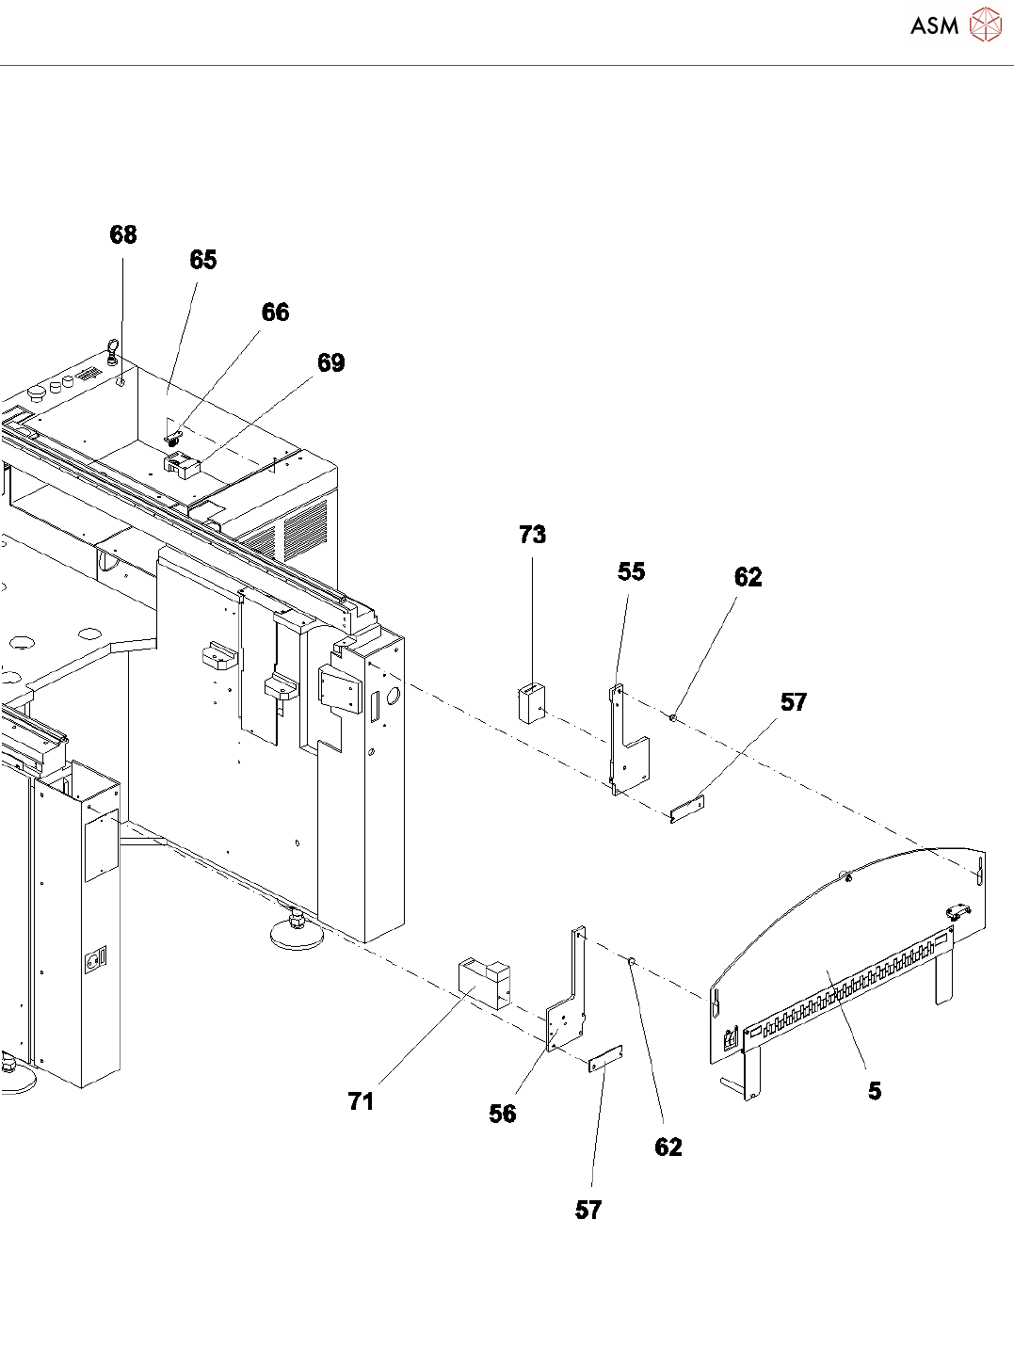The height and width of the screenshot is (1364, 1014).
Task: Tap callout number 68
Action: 123,234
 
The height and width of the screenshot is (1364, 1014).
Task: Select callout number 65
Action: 203,260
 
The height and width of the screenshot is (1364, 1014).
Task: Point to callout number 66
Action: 275,313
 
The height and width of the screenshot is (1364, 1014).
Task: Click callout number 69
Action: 330,363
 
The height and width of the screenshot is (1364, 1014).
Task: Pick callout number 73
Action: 532,535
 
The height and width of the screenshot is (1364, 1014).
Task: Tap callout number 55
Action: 631,572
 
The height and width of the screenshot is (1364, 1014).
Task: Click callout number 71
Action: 361,1101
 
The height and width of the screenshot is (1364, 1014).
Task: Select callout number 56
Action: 502,1115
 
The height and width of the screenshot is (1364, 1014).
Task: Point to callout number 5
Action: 875,1091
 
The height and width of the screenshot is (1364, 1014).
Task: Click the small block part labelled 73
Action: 532,703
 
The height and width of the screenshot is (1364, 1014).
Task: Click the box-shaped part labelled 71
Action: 484,983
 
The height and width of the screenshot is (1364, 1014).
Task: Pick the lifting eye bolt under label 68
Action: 112,353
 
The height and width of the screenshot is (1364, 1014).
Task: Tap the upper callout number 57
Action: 793,702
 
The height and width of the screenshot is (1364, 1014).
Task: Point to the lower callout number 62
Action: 668,1147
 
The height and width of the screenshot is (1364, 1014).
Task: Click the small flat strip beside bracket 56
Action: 606,1059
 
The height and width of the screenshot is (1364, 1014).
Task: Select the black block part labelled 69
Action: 183,465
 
